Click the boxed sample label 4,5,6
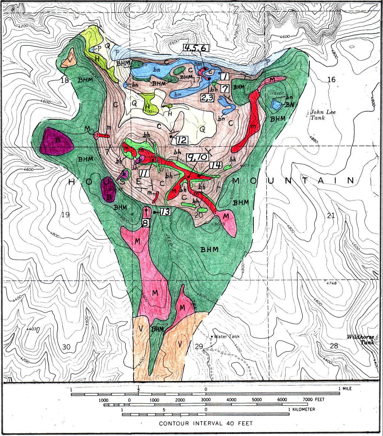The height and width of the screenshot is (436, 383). [x=195, y=48]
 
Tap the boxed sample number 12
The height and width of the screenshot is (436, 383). [x=181, y=140]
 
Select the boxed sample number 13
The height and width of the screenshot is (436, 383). [x=165, y=212]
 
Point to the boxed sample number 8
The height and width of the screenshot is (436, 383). [x=145, y=223]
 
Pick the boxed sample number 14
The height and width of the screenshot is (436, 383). [x=215, y=165]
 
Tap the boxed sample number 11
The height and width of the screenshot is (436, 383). [x=144, y=174]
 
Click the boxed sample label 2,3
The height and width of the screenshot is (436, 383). [x=207, y=98]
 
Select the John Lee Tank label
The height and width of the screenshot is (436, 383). [x=323, y=115]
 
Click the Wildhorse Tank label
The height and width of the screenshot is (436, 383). [x=362, y=340]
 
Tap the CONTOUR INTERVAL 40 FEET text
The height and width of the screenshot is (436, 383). [x=206, y=423]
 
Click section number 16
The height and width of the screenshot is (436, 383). [x=331, y=80]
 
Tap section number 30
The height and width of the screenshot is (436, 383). [x=66, y=347]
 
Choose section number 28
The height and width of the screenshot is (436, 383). [x=334, y=346]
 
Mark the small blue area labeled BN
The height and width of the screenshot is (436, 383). [x=276, y=105]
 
